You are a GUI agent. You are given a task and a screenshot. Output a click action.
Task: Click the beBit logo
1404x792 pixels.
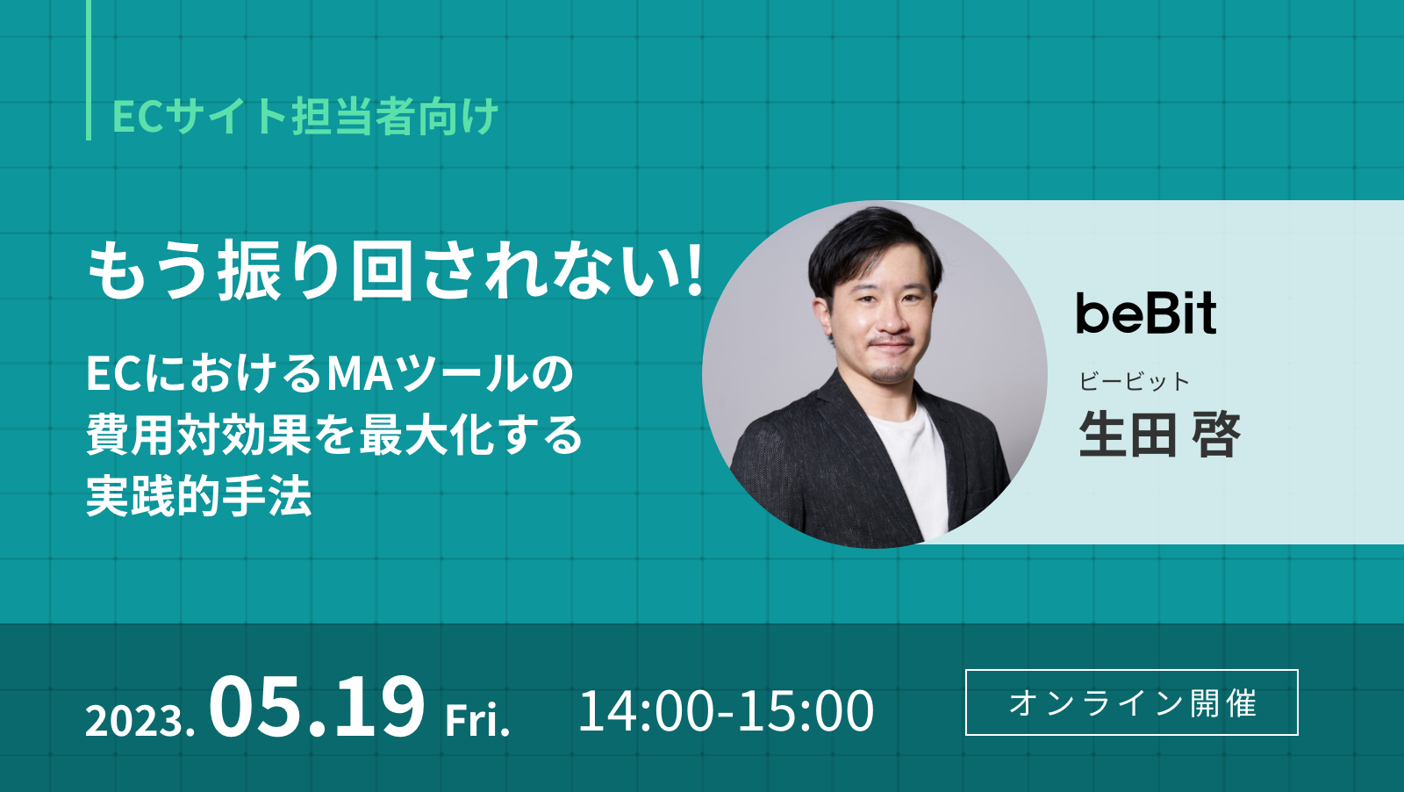pos(1146,313)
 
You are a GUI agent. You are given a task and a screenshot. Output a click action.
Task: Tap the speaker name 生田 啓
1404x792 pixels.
pos(1159,435)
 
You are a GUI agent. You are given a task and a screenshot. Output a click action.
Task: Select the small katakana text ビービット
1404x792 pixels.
pos(1134,381)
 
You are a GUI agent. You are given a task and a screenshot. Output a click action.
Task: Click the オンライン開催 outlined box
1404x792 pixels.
pos(1131,702)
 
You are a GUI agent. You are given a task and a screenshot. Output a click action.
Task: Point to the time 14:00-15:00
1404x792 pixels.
pos(726,710)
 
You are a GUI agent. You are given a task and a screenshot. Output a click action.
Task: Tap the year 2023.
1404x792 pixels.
pos(140,721)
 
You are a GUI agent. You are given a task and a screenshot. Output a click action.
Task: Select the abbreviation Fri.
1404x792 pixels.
pos(477,720)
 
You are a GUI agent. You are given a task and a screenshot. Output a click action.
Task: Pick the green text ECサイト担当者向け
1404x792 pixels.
pos(305,117)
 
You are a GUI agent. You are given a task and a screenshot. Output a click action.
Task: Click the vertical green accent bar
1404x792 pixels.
pos(89,69)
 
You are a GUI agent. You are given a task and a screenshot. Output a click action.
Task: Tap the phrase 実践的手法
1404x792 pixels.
pos(198,497)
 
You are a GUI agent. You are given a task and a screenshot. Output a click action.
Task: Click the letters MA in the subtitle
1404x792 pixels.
pos(356,374)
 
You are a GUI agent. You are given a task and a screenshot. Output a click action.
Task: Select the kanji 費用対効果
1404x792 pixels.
pos(198,436)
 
